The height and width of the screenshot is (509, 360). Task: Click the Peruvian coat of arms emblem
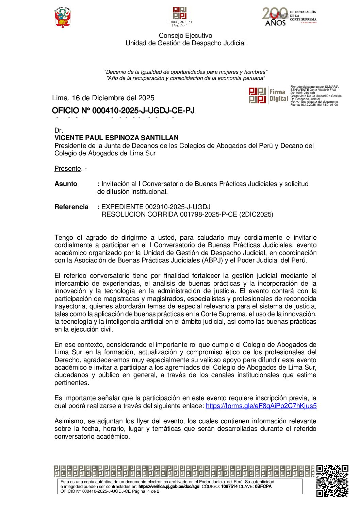pyautogui.click(x=63, y=17)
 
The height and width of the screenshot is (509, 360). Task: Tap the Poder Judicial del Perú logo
pyautogui.click(x=180, y=17)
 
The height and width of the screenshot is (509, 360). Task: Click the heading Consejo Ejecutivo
pyautogui.click(x=185, y=35)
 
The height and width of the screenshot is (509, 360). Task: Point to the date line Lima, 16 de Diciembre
pyautogui.click(x=103, y=98)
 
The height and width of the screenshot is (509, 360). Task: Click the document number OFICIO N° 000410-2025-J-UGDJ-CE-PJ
pyautogui.click(x=123, y=111)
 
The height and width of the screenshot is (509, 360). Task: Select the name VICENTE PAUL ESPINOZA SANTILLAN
pyautogui.click(x=116, y=138)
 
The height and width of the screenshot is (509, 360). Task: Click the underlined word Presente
pyautogui.click(x=68, y=168)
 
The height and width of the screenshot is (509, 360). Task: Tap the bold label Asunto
pyautogui.click(x=66, y=184)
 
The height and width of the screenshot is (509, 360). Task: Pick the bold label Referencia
pyautogui.click(x=71, y=207)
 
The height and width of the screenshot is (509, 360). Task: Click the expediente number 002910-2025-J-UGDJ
pyautogui.click(x=178, y=207)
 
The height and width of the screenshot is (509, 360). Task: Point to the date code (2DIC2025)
pyautogui.click(x=256, y=214)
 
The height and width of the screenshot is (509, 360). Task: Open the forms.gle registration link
pyautogui.click(x=261, y=406)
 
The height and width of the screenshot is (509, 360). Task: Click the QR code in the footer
pyautogui.click(x=332, y=481)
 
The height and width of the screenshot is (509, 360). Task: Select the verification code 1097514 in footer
pyautogui.click(x=229, y=487)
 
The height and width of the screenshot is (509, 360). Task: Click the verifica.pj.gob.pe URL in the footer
pyautogui.click(x=169, y=487)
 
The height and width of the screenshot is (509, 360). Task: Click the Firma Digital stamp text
pyautogui.click(x=278, y=96)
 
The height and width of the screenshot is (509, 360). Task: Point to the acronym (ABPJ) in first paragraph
pyautogui.click(x=213, y=260)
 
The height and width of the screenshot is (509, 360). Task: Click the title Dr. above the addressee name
pyautogui.click(x=59, y=130)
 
